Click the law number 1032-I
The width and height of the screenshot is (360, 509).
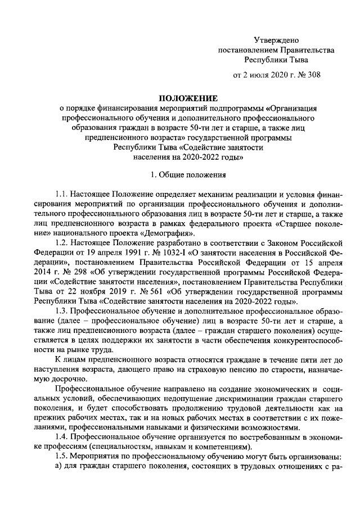(168, 254)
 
